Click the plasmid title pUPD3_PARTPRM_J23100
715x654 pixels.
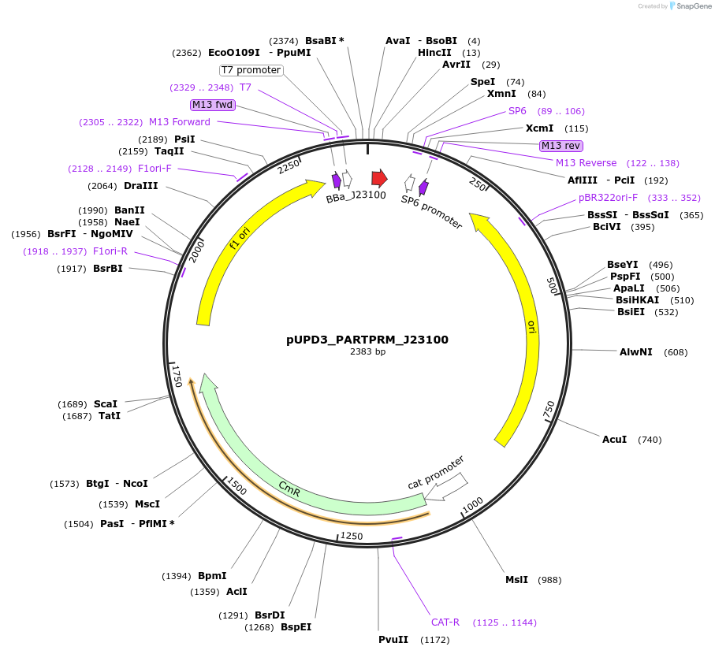(367, 340)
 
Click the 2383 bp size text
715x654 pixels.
(367, 352)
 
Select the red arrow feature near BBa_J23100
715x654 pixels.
(379, 177)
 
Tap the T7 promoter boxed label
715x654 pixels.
(251, 70)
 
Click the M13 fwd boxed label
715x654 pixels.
(213, 105)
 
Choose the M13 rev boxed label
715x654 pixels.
(560, 146)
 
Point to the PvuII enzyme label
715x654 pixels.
(393, 639)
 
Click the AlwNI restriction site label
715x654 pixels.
(635, 351)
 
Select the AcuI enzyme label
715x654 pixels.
(614, 439)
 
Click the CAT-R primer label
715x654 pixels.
(445, 622)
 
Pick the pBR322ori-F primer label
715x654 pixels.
(608, 198)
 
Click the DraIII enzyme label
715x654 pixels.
(140, 186)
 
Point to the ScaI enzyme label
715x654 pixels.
(105, 404)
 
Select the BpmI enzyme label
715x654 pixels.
(212, 576)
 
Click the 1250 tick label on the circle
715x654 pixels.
(352, 536)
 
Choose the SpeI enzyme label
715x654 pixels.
(482, 82)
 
